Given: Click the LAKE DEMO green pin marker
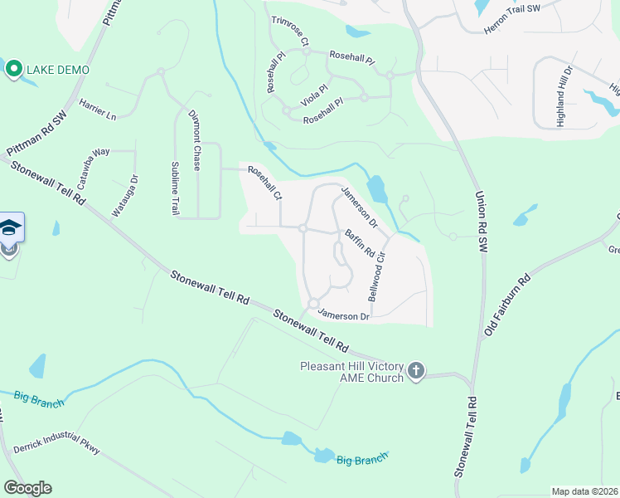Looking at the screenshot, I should (x=13, y=69).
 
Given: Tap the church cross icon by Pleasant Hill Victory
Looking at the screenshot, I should (x=416, y=370).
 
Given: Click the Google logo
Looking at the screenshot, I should (x=27, y=488).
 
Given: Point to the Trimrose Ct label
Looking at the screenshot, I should (x=289, y=31).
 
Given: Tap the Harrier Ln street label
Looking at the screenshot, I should (x=98, y=110).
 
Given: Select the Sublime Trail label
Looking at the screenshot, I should (x=175, y=188).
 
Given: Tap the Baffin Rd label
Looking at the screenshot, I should (x=361, y=242).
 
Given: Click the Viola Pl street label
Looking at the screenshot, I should (x=314, y=93).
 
